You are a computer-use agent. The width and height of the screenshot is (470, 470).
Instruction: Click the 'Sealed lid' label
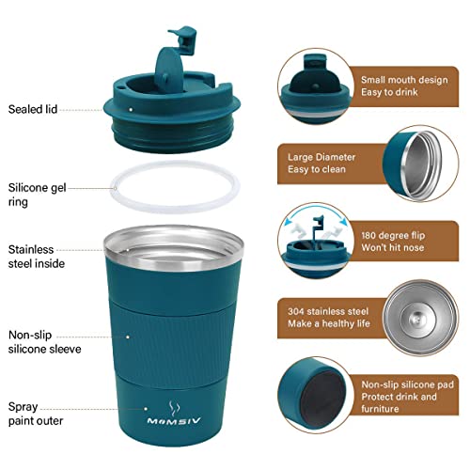pos(32,109)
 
